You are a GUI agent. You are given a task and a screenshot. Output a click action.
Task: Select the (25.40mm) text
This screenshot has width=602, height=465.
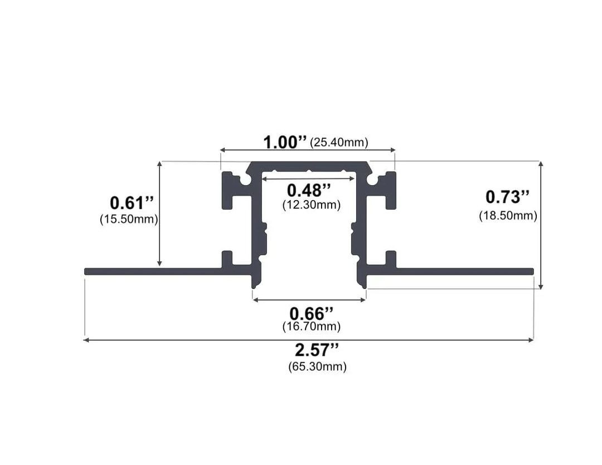(339, 143)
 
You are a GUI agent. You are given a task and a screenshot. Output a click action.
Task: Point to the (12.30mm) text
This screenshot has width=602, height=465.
(312, 205)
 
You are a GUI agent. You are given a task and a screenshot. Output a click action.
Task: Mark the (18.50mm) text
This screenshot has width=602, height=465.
(508, 216)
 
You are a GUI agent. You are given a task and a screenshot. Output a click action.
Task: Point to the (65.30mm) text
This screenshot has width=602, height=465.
(317, 367)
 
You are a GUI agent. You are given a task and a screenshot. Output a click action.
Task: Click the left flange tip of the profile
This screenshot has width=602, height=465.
(87, 272)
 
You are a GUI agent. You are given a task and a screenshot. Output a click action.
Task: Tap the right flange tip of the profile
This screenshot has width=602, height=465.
(532, 272)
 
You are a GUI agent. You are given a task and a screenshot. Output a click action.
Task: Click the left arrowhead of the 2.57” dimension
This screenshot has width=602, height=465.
(86, 340)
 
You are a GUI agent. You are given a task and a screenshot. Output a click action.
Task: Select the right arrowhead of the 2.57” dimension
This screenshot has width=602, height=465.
(531, 340)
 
